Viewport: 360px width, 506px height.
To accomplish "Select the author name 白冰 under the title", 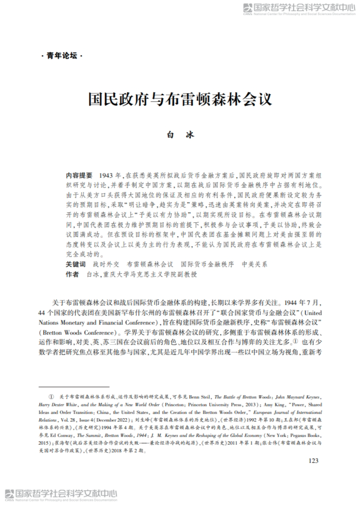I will [x=180, y=135].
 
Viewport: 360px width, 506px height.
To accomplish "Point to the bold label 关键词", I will [x=76, y=264].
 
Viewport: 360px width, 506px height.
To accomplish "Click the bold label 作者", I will [x=72, y=275].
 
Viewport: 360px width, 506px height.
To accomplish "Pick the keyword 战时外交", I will [x=105, y=264].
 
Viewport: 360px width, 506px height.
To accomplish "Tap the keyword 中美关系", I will [x=254, y=264].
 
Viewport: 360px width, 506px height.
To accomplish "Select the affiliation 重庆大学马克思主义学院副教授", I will [x=149, y=275].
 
